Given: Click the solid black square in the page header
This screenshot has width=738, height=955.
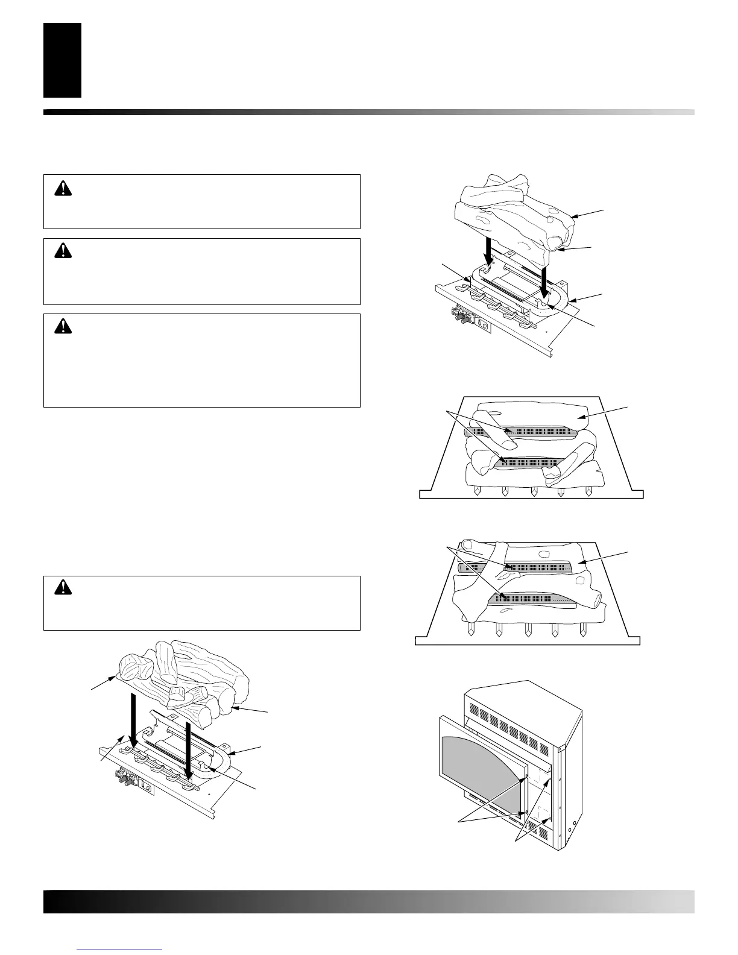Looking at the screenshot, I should (x=62, y=60).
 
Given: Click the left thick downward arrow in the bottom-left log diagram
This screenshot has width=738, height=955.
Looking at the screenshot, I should (x=134, y=723).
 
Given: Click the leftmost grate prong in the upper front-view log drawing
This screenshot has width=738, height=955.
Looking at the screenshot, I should (x=476, y=491).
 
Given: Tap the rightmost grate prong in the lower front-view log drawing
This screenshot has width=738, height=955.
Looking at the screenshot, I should (x=582, y=629).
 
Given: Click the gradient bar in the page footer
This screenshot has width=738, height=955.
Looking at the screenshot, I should (x=368, y=902).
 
